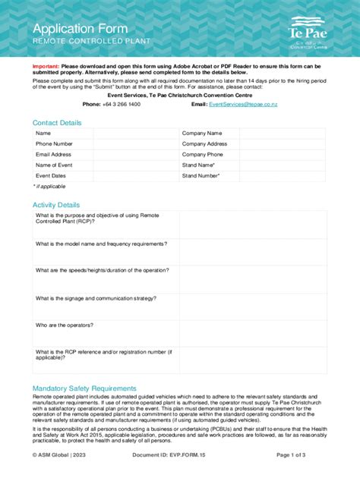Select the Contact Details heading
click(x=57, y=123)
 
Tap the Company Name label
click(x=202, y=133)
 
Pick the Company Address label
click(x=204, y=143)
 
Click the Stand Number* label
click(x=201, y=175)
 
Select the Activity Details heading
click(x=55, y=205)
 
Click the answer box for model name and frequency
click(x=252, y=250)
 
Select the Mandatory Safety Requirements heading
click(x=84, y=388)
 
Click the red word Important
click(x=45, y=66)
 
